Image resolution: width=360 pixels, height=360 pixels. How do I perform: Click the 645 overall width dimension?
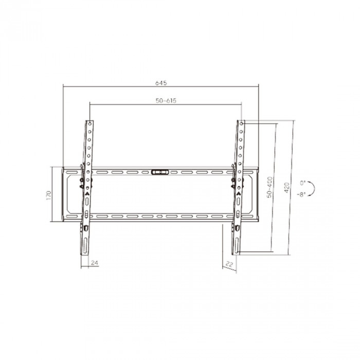(161, 83)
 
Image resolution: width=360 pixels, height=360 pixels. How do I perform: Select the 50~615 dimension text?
(166, 101)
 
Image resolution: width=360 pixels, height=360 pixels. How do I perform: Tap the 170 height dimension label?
(48, 195)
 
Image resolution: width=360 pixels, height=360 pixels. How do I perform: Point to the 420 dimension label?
(286, 188)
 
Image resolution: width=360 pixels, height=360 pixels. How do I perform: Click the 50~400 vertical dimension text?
(269, 187)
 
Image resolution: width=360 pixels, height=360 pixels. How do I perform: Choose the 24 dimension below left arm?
(95, 263)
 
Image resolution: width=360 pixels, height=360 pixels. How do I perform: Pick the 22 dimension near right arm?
(229, 264)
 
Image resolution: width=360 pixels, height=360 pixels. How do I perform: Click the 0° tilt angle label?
(303, 183)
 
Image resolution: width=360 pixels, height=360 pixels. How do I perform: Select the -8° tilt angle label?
(301, 195)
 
